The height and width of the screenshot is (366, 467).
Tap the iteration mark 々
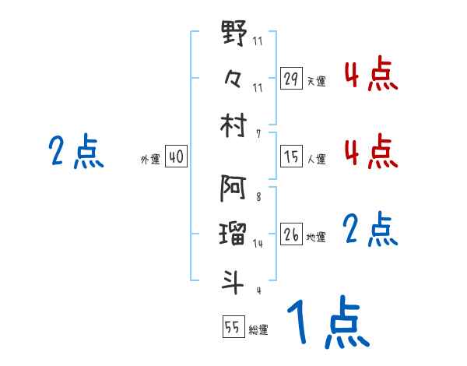[x=233, y=78]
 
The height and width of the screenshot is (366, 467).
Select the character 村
[x=233, y=125]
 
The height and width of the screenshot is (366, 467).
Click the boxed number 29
[x=292, y=79]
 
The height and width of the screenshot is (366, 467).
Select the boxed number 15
[x=292, y=157]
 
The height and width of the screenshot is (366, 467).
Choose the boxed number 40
[x=176, y=157]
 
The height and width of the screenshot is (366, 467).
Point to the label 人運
[x=316, y=159]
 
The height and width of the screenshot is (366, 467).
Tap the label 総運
[x=258, y=330]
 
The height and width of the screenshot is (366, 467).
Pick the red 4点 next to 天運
[x=370, y=75]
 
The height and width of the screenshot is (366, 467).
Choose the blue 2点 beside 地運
[x=370, y=231]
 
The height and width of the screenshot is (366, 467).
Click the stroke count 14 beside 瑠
[x=258, y=244]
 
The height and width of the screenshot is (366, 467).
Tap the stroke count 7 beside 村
[x=258, y=134]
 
